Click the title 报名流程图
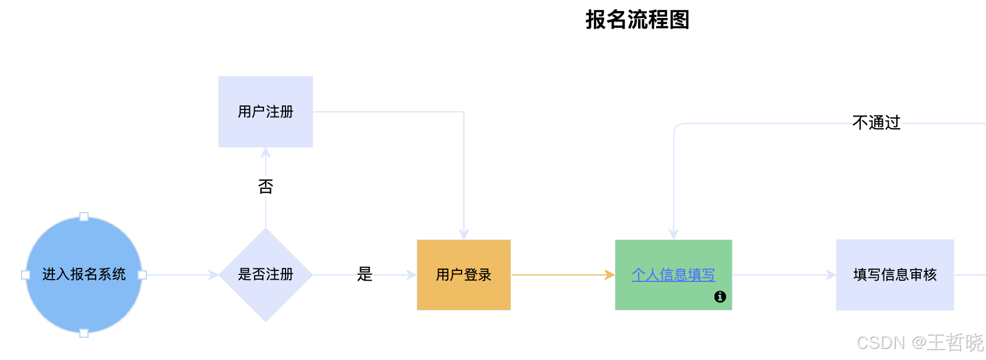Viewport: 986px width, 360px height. point(637,20)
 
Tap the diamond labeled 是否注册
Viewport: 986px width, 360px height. point(266,275)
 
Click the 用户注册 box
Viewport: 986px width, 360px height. point(266,112)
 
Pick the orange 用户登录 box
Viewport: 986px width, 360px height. point(464,275)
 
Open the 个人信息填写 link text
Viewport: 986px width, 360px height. point(673,275)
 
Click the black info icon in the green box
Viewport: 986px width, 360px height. point(720,297)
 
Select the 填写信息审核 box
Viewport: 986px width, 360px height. point(895,275)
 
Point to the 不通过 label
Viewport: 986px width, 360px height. point(876,123)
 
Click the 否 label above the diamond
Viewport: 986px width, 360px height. point(266,186)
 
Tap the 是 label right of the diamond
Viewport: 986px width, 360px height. point(365,274)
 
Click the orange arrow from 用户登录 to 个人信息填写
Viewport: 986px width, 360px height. point(559,275)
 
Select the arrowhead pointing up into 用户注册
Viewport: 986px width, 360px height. point(266,153)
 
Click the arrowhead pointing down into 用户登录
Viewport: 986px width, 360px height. point(464,234)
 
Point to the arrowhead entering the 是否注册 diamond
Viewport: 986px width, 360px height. point(213,275)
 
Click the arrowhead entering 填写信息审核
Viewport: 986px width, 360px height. point(831,275)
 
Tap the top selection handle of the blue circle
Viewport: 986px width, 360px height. point(84,217)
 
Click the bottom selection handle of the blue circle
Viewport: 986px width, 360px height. point(84,333)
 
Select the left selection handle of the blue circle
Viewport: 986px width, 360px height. point(26,275)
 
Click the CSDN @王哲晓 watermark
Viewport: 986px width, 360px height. point(920,343)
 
